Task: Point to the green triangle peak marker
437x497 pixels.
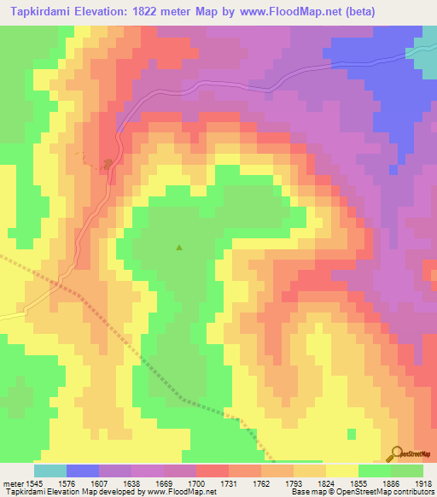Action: pos(179,248)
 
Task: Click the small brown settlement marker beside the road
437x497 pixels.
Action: pos(108,162)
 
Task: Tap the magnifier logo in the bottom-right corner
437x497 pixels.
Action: pos(396,454)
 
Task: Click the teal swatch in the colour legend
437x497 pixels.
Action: pos(50,471)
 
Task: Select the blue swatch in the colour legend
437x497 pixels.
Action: pos(83,471)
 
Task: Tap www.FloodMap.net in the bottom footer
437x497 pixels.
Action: pos(182,493)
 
